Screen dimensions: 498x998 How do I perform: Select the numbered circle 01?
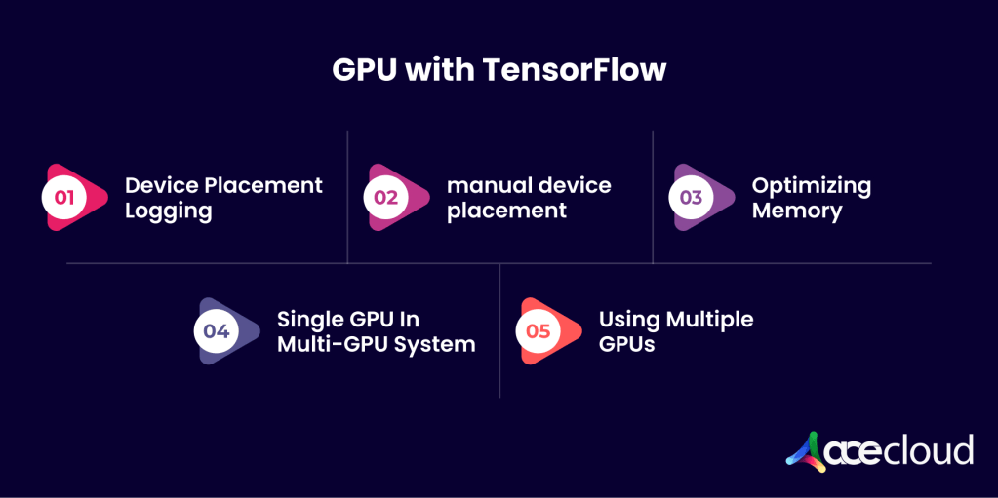click(x=64, y=197)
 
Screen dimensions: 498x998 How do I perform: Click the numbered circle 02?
click(x=386, y=197)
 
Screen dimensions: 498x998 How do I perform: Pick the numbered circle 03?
click(x=691, y=197)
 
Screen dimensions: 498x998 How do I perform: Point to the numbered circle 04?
click(x=216, y=330)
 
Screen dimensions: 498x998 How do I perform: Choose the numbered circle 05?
click(x=539, y=330)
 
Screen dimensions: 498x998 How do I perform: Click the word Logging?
click(x=168, y=211)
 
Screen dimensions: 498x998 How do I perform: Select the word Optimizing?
click(x=811, y=186)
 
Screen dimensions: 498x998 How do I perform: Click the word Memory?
click(x=796, y=211)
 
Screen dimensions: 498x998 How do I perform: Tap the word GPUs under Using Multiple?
click(x=626, y=344)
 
